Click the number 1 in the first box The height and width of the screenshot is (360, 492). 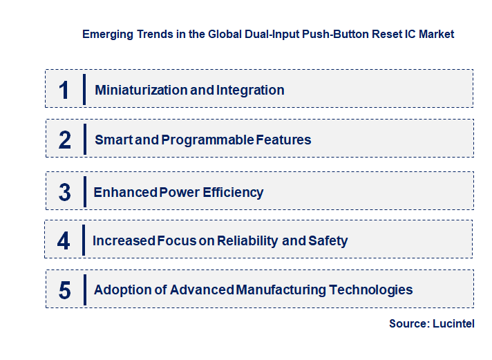point(64,91)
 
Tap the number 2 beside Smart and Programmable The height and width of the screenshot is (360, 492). point(65,140)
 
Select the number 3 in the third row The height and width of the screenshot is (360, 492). point(65,193)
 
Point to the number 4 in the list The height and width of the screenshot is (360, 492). point(64,241)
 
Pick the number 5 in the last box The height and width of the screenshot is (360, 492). point(65,290)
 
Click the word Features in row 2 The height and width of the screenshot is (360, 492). point(283,140)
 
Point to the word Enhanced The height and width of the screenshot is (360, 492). point(125,193)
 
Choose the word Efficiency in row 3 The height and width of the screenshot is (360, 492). point(233,193)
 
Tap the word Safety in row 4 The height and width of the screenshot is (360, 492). point(328,241)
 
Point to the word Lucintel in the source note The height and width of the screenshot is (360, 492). point(453,324)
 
